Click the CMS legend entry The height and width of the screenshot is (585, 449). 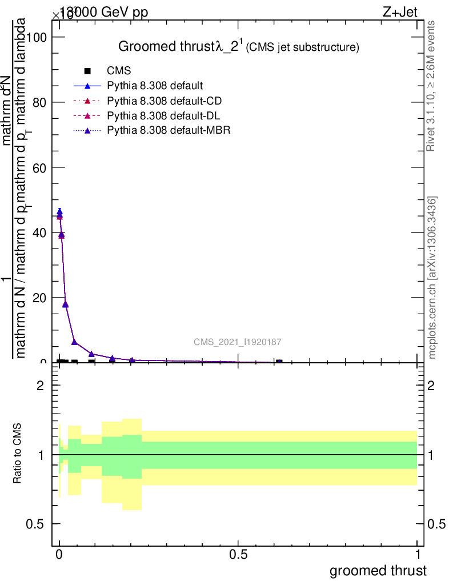[119, 71]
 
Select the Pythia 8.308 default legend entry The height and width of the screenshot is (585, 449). [154, 86]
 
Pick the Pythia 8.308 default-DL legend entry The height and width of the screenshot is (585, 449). [163, 116]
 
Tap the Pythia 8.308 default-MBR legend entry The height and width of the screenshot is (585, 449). [169, 131]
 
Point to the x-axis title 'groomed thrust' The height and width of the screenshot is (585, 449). [378, 571]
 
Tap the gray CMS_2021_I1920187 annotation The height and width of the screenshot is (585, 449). [237, 342]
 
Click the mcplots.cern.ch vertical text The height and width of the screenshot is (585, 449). [433, 278]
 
